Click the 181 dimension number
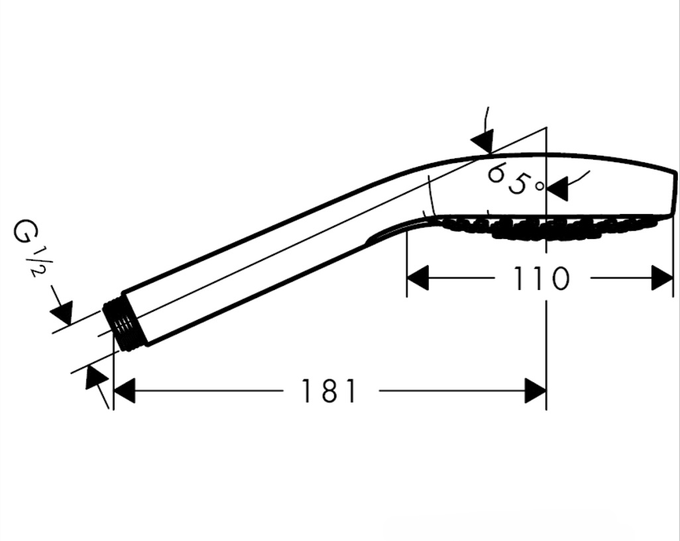tap(328, 391)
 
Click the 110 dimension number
tap(541, 278)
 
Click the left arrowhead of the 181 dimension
tap(124, 391)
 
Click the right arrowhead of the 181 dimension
tap(535, 391)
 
